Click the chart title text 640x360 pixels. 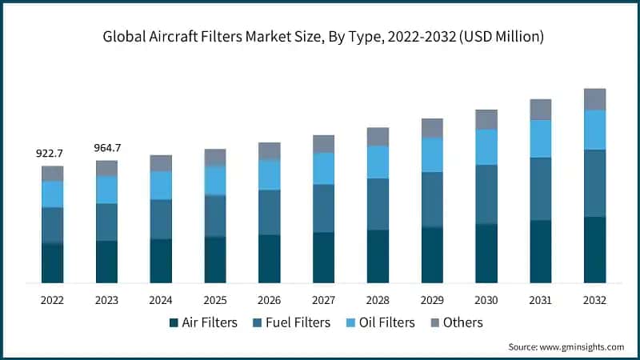pos(320,36)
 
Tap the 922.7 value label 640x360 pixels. pos(52,153)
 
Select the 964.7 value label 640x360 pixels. pos(106,147)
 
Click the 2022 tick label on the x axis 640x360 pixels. pos(52,300)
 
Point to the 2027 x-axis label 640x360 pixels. pos(323,300)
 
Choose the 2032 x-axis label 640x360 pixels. pos(594,300)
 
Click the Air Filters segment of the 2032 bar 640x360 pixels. pos(594,250)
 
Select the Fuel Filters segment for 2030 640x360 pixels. pos(486,194)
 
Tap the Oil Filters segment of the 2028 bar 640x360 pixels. pos(378,162)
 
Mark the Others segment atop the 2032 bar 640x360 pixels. pos(594,99)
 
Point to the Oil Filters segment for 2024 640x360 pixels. pos(161,185)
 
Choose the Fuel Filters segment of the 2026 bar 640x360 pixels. pos(270,212)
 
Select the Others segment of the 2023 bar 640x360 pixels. pos(106,168)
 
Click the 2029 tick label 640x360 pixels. pos(432,300)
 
